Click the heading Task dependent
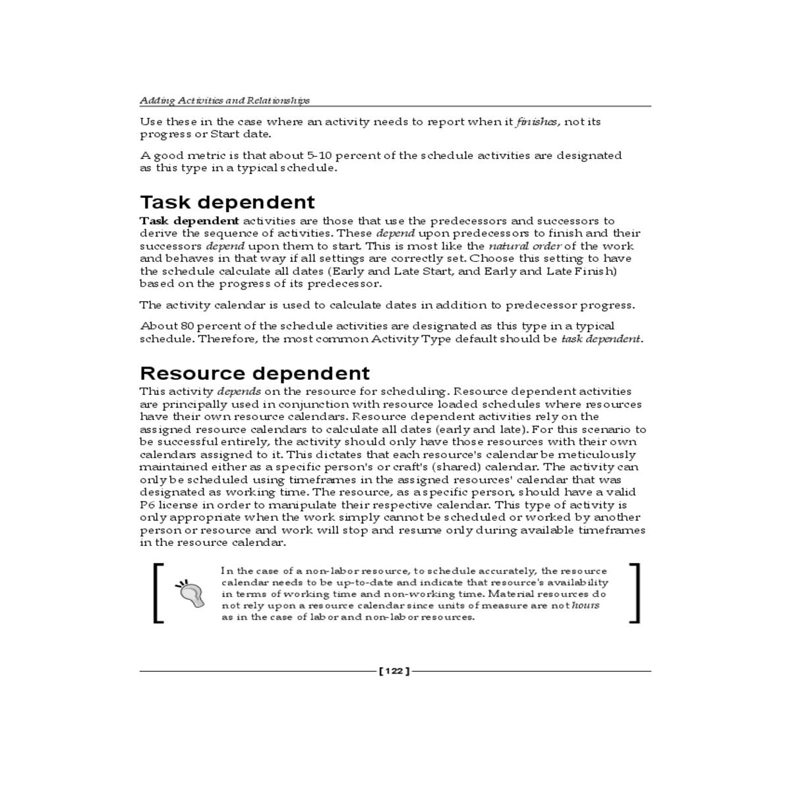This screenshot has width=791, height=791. tap(227, 202)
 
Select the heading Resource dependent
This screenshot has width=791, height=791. tap(254, 373)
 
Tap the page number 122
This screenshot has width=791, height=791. tap(394, 671)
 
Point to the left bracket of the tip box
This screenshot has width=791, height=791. tap(158, 593)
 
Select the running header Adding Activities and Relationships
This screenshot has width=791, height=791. tap(224, 101)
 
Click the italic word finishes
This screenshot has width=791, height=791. tap(537, 122)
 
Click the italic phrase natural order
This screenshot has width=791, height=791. tap(525, 246)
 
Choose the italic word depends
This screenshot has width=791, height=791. tap(239, 392)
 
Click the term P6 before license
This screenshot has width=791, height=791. tap(146, 505)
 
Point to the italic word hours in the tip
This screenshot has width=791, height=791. tap(585, 605)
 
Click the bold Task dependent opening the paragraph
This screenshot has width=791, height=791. tap(189, 221)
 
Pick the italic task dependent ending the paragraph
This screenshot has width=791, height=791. tap(601, 339)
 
